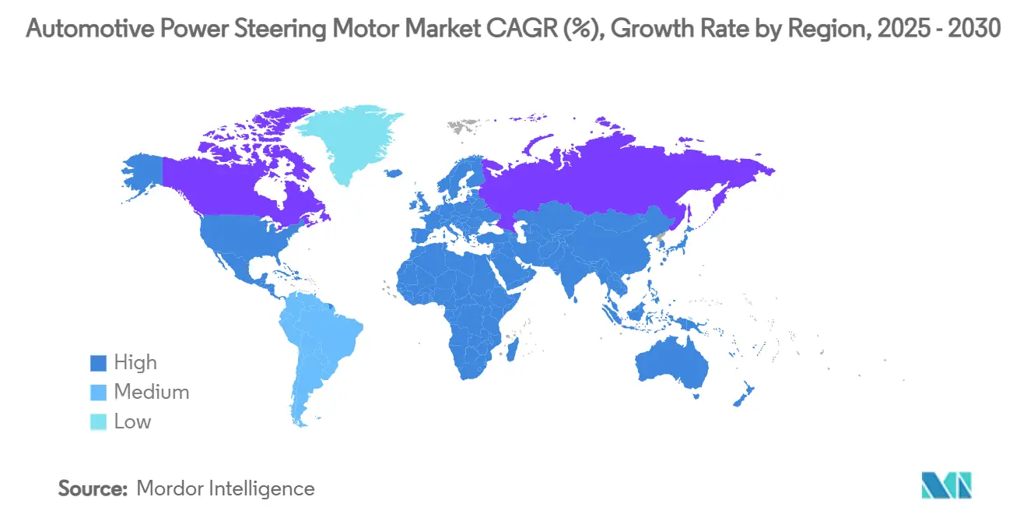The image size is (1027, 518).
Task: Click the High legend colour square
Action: click(97, 363)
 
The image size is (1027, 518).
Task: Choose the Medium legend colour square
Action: click(97, 393)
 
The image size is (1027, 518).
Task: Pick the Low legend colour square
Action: click(97, 422)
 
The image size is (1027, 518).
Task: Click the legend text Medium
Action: click(152, 392)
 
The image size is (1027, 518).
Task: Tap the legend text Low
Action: click(132, 421)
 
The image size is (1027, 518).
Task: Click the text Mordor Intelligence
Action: click(226, 488)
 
